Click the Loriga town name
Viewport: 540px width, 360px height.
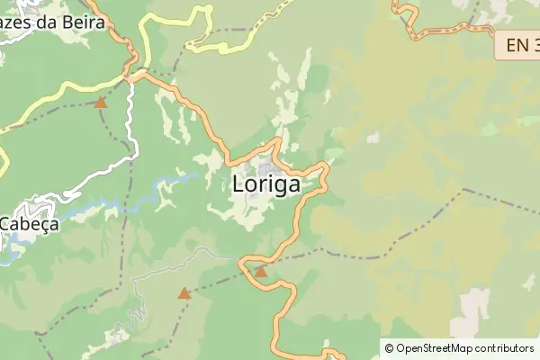coord(265,184)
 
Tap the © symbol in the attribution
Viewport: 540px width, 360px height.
coord(389,347)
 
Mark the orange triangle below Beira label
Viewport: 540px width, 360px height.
coord(101,103)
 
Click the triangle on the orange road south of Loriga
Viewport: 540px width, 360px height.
coord(261,271)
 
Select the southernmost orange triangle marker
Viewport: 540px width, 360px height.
coord(184,292)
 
